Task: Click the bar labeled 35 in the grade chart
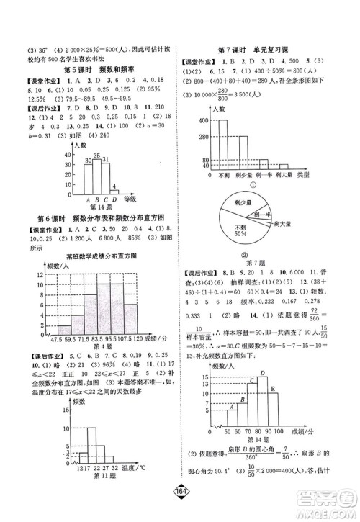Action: point(96,180)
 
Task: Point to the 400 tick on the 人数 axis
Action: point(204,119)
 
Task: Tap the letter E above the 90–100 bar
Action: point(274,390)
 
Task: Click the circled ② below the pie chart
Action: point(243,254)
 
